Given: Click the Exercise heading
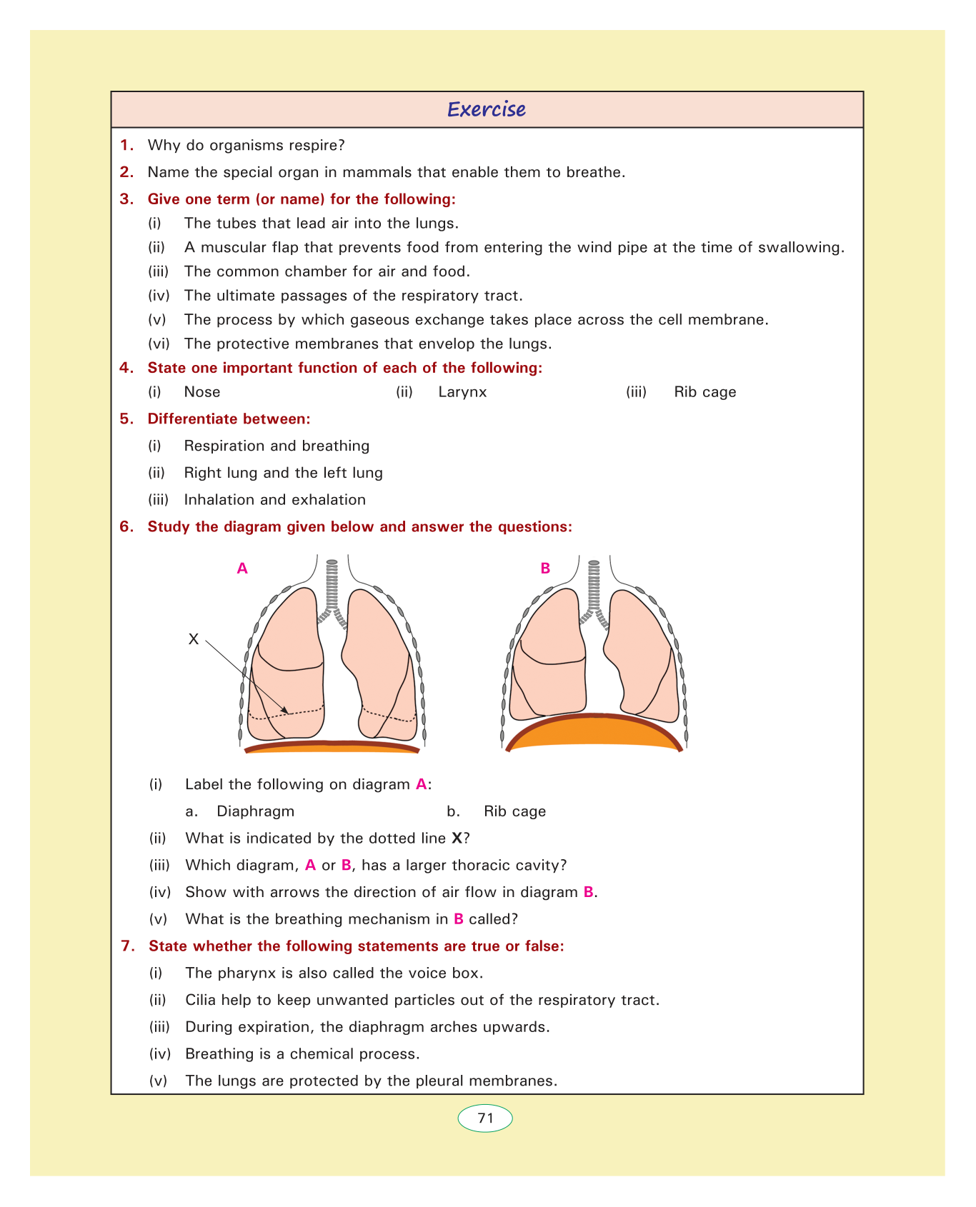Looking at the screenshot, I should (x=486, y=109).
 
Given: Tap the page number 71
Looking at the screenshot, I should (x=485, y=1118).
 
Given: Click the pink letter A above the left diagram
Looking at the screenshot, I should (x=242, y=569).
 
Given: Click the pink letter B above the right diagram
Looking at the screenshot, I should (x=545, y=569).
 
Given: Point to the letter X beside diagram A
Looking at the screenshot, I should (x=193, y=639).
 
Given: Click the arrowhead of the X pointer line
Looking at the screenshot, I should (x=286, y=711).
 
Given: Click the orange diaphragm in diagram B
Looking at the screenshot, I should (x=594, y=733).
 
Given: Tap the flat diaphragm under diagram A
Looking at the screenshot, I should (x=332, y=747).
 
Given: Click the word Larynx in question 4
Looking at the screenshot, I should (x=462, y=392).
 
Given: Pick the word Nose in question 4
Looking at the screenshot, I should (x=202, y=392).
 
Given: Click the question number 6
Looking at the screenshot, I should (x=126, y=527).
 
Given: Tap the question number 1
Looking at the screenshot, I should (x=126, y=145).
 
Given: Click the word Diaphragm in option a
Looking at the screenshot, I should (x=255, y=811).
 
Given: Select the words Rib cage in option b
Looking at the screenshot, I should (x=514, y=811).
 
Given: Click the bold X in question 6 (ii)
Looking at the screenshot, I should (x=457, y=838).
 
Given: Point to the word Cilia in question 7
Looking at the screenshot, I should (x=200, y=1000).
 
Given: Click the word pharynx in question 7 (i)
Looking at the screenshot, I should (x=240, y=973).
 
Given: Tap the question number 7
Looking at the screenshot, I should (x=127, y=946).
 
